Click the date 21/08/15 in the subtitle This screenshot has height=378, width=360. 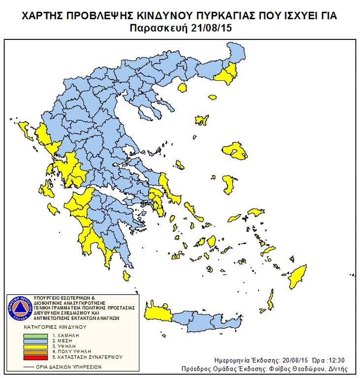[x=212, y=28]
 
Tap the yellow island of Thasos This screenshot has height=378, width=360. [x=183, y=88]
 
